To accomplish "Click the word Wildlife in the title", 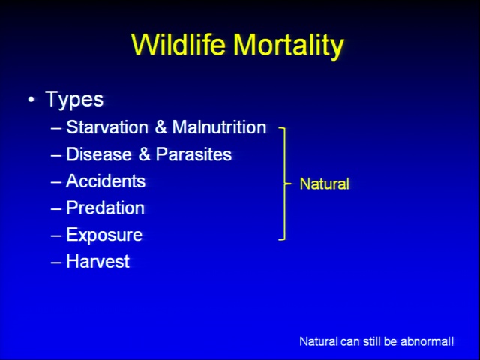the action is click(x=178, y=44).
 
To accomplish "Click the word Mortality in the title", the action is click(x=289, y=46).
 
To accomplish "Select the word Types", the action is click(x=74, y=100).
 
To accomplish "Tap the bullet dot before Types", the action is click(x=31, y=100).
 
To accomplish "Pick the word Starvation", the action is click(x=107, y=127).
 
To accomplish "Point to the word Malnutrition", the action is click(x=219, y=127).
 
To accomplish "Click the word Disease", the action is click(x=99, y=154).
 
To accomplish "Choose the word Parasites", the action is click(x=193, y=154).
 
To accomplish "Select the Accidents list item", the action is click(x=106, y=181).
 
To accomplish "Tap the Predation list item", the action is click(x=105, y=208).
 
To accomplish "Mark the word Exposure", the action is click(x=104, y=235).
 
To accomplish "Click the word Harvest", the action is click(x=98, y=262).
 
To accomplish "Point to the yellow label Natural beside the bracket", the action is click(x=325, y=184).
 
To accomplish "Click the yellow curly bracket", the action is click(x=285, y=184).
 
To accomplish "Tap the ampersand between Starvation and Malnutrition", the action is click(x=160, y=127).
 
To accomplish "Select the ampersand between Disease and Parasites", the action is click(x=144, y=154).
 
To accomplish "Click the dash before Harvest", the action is click(x=56, y=262).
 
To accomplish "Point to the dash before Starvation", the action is click(x=56, y=128).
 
